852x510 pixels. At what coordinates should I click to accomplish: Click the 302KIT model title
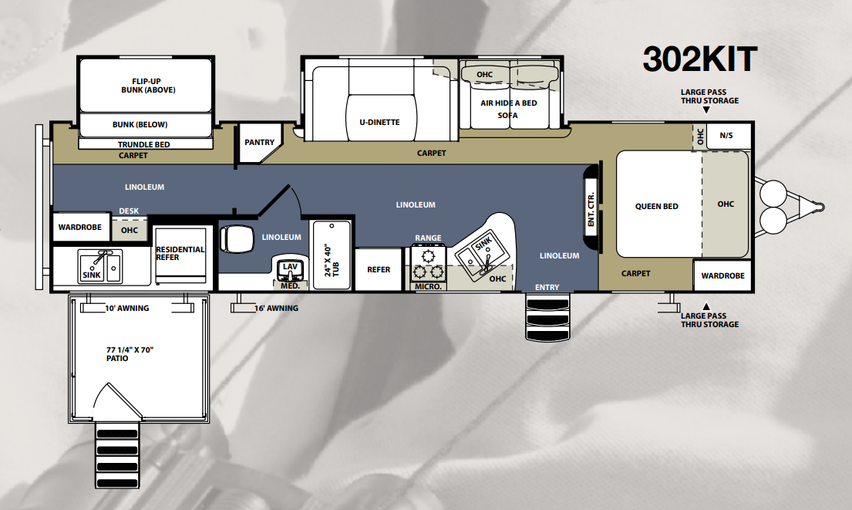700,59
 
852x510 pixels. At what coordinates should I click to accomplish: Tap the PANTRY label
259,143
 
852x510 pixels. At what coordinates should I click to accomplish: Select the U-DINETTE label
379,123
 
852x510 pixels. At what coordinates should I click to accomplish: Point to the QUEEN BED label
656,207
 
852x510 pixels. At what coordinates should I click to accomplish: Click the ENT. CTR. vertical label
591,209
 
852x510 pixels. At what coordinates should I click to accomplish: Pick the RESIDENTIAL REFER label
180,253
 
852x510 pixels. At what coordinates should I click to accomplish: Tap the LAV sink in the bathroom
290,269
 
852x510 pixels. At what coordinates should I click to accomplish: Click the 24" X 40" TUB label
332,260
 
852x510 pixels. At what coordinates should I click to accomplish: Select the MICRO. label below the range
428,286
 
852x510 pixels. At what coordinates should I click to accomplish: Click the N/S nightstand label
726,135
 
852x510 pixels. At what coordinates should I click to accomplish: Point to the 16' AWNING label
277,309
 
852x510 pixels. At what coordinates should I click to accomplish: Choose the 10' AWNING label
126,309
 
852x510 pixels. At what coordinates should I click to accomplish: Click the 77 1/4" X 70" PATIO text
130,354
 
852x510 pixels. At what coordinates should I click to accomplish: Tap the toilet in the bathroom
237,238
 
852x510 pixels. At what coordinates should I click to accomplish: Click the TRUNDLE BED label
144,144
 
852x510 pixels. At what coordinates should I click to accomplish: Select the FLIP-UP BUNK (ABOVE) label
148,86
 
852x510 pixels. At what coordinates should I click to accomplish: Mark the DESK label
129,211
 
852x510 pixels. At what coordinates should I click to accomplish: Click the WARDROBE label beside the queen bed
722,275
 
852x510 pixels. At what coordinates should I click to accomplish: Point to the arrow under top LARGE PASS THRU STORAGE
706,110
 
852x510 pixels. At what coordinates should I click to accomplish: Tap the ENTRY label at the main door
547,288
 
